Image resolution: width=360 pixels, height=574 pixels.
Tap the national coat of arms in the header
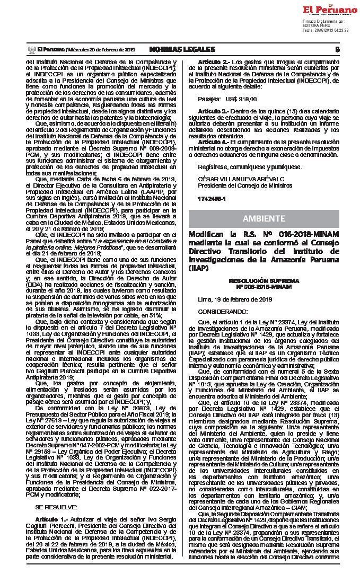pyautogui.click(x=30, y=49)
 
